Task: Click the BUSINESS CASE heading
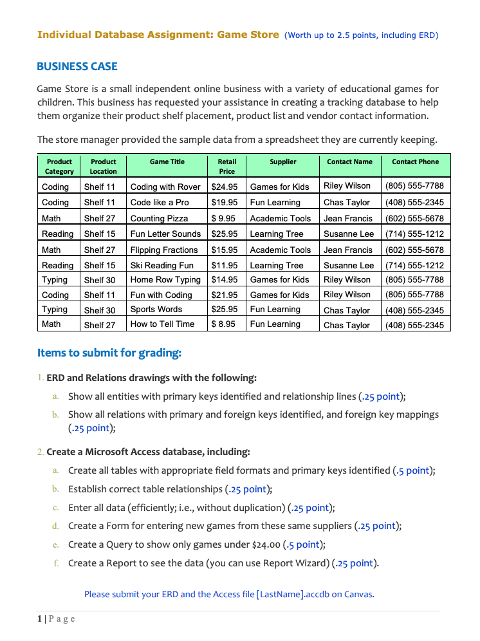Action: (77, 66)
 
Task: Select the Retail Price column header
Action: (226, 166)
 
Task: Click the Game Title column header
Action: (167, 162)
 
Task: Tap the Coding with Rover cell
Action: (165, 187)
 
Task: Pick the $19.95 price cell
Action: (225, 202)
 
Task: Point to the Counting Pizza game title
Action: (159, 218)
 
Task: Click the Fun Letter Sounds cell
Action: (165, 234)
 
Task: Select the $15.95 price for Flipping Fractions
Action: (225, 250)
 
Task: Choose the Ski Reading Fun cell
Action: (162, 265)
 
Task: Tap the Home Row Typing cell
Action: (165, 279)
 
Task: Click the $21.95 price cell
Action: (225, 295)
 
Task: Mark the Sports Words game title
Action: (156, 310)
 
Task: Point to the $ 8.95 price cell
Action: (223, 324)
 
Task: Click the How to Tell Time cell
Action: (162, 324)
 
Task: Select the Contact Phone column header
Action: (415, 162)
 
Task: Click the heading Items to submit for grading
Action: (109, 352)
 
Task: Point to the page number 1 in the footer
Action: (39, 618)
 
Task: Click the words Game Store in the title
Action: (248, 35)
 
